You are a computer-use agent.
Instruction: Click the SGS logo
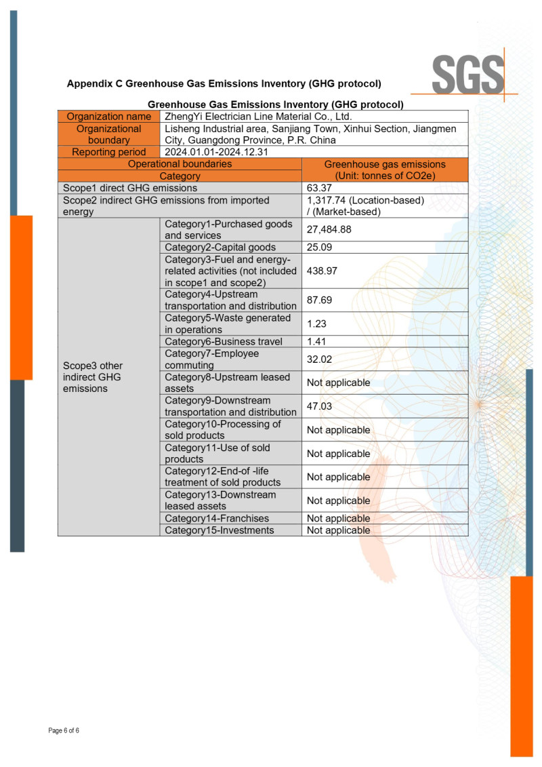click(x=468, y=73)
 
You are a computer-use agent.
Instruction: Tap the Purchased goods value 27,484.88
click(x=329, y=230)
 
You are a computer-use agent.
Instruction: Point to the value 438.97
click(x=322, y=271)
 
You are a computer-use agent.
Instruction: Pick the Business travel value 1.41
click(x=316, y=342)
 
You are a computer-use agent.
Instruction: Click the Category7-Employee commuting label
click(x=211, y=359)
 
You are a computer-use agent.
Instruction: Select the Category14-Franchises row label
click(x=216, y=519)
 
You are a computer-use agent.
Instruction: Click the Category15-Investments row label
click(x=220, y=530)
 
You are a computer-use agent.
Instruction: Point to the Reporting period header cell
click(x=108, y=152)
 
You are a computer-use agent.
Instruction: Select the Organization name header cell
click(x=108, y=117)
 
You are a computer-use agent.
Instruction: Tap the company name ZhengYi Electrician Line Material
click(x=258, y=117)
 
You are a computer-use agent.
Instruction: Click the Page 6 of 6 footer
click(x=64, y=730)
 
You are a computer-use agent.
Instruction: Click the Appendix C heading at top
click(x=224, y=84)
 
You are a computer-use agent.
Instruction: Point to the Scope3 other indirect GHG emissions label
click(x=93, y=377)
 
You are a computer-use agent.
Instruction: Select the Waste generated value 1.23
click(x=316, y=324)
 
